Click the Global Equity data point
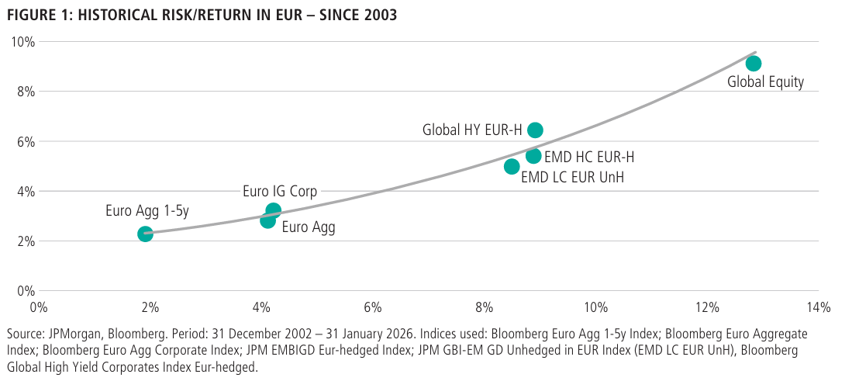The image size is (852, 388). (x=753, y=63)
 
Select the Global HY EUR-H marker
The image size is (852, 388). (x=535, y=130)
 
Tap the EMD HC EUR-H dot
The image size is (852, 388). (x=533, y=156)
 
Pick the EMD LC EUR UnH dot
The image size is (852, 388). (x=512, y=166)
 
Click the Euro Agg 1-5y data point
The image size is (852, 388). (x=145, y=234)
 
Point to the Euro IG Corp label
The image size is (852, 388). (x=280, y=192)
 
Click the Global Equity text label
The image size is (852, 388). (x=765, y=82)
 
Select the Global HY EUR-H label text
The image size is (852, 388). (x=471, y=130)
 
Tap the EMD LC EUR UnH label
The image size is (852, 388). (x=572, y=178)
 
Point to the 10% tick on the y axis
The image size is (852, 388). (x=23, y=42)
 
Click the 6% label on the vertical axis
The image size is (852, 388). (x=26, y=141)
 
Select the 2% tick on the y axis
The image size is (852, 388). (x=26, y=241)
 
